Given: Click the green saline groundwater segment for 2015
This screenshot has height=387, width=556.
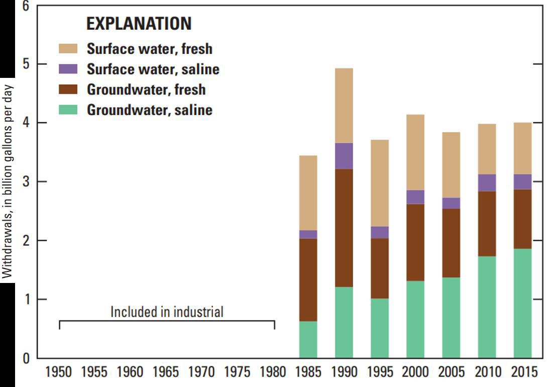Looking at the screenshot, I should pos(522,303).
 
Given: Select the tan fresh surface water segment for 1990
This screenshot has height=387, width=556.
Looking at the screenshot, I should pos(344,106).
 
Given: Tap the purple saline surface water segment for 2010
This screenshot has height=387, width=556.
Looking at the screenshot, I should pos(487,182).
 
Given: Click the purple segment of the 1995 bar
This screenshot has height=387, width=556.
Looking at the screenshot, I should pos(380,232).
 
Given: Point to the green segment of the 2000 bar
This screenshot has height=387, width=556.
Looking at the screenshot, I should pos(415,319).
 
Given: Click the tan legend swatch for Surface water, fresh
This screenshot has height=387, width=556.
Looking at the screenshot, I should pos(68,49).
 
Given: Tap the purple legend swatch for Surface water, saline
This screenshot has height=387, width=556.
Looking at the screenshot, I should pos(68,69).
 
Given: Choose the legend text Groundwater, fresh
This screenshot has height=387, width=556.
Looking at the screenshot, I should pos(146,89).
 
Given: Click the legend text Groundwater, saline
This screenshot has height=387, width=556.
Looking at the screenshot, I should pos(150,110).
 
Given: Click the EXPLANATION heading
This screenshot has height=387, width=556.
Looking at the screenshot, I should pos(139,24).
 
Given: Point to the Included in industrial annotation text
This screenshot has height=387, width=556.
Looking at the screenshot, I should pos(167,312).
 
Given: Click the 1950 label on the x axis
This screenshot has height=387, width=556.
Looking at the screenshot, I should pos(59,373).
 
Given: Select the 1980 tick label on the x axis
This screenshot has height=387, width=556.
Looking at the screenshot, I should pos(273,373).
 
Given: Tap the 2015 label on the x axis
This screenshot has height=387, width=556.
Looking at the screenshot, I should pos(523,373).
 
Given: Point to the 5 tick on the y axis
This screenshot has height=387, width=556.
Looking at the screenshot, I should pos(26,64).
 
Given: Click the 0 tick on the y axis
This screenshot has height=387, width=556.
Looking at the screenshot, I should pos(26,358).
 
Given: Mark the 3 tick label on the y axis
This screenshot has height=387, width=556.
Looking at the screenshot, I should pos(26,181).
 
